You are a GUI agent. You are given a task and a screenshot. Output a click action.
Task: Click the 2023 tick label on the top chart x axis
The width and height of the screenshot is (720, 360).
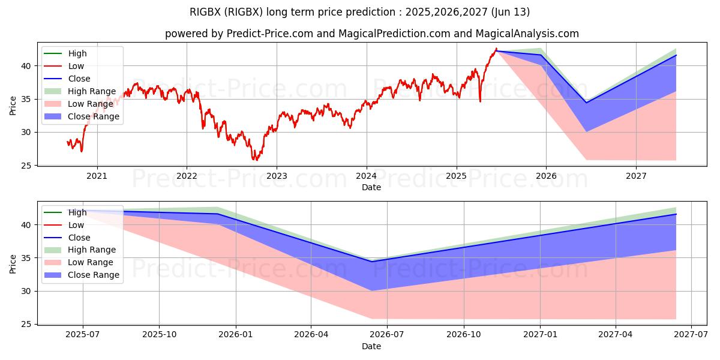pyautogui.click(x=276, y=176)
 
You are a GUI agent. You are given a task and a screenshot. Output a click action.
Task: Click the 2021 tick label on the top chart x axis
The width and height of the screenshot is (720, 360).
pyautogui.click(x=97, y=176)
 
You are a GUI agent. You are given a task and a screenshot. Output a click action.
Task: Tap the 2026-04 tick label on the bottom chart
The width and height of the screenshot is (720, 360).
pyautogui.click(x=311, y=335)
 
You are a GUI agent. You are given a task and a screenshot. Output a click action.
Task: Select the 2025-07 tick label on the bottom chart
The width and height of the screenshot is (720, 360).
pyautogui.click(x=83, y=335)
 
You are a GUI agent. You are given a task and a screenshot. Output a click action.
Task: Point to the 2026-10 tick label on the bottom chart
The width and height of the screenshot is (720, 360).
pyautogui.click(x=464, y=335)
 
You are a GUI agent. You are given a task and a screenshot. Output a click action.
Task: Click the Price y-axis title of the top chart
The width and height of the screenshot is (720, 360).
pyautogui.click(x=13, y=106)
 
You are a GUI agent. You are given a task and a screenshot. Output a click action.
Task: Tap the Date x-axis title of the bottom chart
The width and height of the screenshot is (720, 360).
pyautogui.click(x=371, y=346)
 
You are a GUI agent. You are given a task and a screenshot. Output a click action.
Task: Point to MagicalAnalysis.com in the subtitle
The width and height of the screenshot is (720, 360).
pyautogui.click(x=527, y=34)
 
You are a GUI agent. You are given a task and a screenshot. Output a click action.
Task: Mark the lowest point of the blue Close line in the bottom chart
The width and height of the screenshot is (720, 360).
pyautogui.click(x=371, y=261)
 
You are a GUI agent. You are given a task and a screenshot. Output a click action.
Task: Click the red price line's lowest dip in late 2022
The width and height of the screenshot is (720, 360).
pyautogui.click(x=255, y=160)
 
